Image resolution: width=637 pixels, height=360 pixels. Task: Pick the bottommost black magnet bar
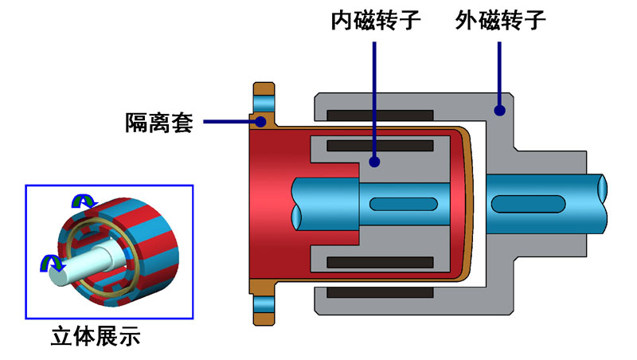click(381, 293)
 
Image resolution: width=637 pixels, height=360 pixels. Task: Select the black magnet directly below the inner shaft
click(381, 261)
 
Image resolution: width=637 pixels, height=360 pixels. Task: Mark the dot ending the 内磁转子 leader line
click(374, 162)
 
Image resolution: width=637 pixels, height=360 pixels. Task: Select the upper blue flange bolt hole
click(263, 102)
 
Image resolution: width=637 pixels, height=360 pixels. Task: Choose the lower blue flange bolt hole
click(263, 306)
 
